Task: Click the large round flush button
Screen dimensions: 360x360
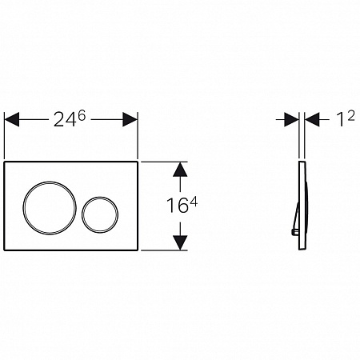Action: point(23,208)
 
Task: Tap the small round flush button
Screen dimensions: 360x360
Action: point(82,215)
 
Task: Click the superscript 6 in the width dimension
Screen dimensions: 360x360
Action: point(82,115)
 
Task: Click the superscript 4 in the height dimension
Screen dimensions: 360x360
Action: point(194,202)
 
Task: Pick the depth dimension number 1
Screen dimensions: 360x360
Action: point(340,119)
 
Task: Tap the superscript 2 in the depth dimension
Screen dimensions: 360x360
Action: point(351,116)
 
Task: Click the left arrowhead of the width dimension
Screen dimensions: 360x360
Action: point(12,119)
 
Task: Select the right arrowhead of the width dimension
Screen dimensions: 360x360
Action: point(130,119)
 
